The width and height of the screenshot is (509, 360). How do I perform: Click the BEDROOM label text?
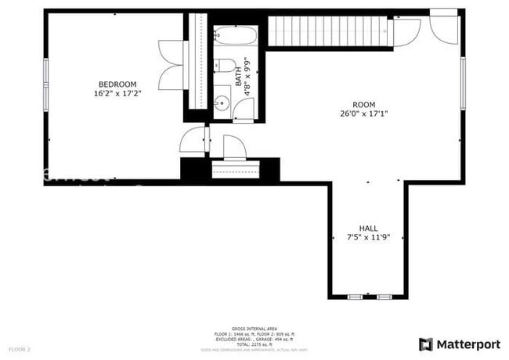tap(117, 85)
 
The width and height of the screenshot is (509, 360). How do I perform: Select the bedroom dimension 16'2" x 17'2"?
tap(117, 94)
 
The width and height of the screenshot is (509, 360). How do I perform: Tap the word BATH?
tap(239, 76)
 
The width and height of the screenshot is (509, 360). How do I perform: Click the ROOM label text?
tap(363, 104)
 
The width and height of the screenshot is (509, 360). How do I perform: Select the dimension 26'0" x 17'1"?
tap(363, 113)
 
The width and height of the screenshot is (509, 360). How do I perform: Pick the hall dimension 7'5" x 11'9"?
tap(369, 237)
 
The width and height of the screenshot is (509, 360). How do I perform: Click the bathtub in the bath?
tap(235, 36)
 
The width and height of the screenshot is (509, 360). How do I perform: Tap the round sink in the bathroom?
tap(222, 102)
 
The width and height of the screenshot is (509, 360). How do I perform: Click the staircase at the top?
tap(329, 31)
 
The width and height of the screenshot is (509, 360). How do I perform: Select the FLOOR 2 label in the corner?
tap(20, 348)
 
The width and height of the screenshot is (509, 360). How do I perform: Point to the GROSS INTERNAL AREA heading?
tap(254, 328)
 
